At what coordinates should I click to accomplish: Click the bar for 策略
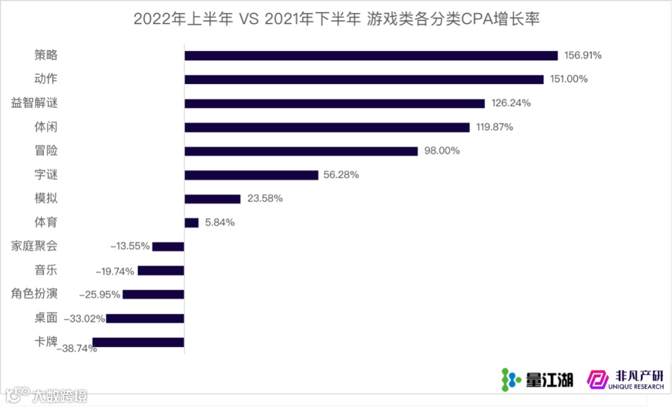pos(371,55)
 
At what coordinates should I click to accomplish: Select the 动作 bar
pos(364,79)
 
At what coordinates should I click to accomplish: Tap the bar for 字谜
pos(251,175)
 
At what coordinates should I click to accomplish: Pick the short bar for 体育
pos(192,222)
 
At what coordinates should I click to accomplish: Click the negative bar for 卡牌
pos(138,342)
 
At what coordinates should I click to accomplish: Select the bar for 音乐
pos(161,270)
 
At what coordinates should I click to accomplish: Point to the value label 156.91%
pos(582,55)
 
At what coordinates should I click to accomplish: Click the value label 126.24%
pos(511,103)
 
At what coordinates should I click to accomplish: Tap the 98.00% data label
pos(441,151)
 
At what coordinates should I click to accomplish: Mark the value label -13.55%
pos(130,246)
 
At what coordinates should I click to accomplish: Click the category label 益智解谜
pos(34,103)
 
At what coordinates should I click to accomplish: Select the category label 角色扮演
pos(34,293)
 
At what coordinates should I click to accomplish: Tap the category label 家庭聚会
pos(34,245)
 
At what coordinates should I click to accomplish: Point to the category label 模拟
pos(46,198)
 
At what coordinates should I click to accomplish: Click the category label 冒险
pos(46,150)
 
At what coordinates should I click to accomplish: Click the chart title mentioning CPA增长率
pos(336,19)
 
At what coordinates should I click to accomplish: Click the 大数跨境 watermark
pos(47,395)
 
